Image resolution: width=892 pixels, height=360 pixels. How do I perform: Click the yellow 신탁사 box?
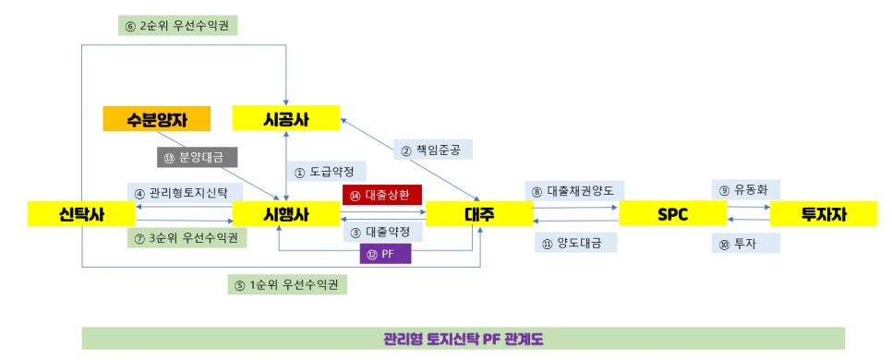point(81,214)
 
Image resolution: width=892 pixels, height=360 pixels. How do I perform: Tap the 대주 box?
point(478,214)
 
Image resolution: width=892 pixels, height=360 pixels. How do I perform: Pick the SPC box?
point(671,214)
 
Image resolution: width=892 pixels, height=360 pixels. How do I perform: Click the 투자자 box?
point(822,214)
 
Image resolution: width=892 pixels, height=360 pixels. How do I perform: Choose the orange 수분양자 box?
point(157,118)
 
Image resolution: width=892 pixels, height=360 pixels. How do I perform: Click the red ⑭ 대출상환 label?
point(382,195)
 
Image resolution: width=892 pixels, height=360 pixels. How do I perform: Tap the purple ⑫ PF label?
point(384,253)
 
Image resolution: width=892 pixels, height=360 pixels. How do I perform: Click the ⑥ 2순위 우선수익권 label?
point(178,23)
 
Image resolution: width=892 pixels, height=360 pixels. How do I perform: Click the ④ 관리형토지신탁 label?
point(182,193)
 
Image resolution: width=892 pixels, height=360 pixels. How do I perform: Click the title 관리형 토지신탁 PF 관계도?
point(463,338)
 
